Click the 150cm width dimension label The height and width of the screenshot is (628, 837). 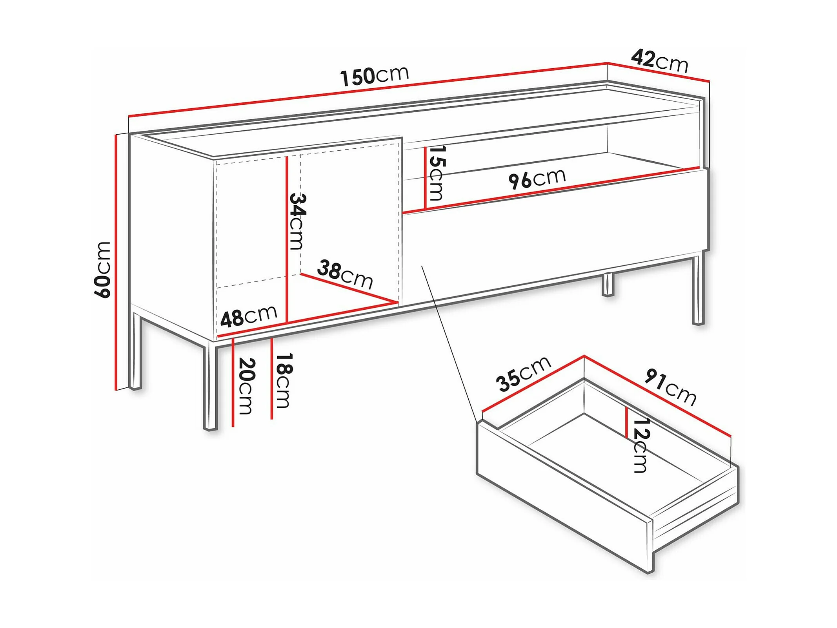375,76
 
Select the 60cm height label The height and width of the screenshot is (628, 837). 103,270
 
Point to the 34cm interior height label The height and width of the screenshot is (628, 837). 297,222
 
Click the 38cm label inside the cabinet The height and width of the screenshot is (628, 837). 345,274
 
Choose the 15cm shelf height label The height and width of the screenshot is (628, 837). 436,173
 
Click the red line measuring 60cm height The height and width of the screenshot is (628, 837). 116,262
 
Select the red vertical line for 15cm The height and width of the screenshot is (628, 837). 425,178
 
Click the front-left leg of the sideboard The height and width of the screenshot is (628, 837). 211,387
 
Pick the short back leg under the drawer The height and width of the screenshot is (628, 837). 608,285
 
